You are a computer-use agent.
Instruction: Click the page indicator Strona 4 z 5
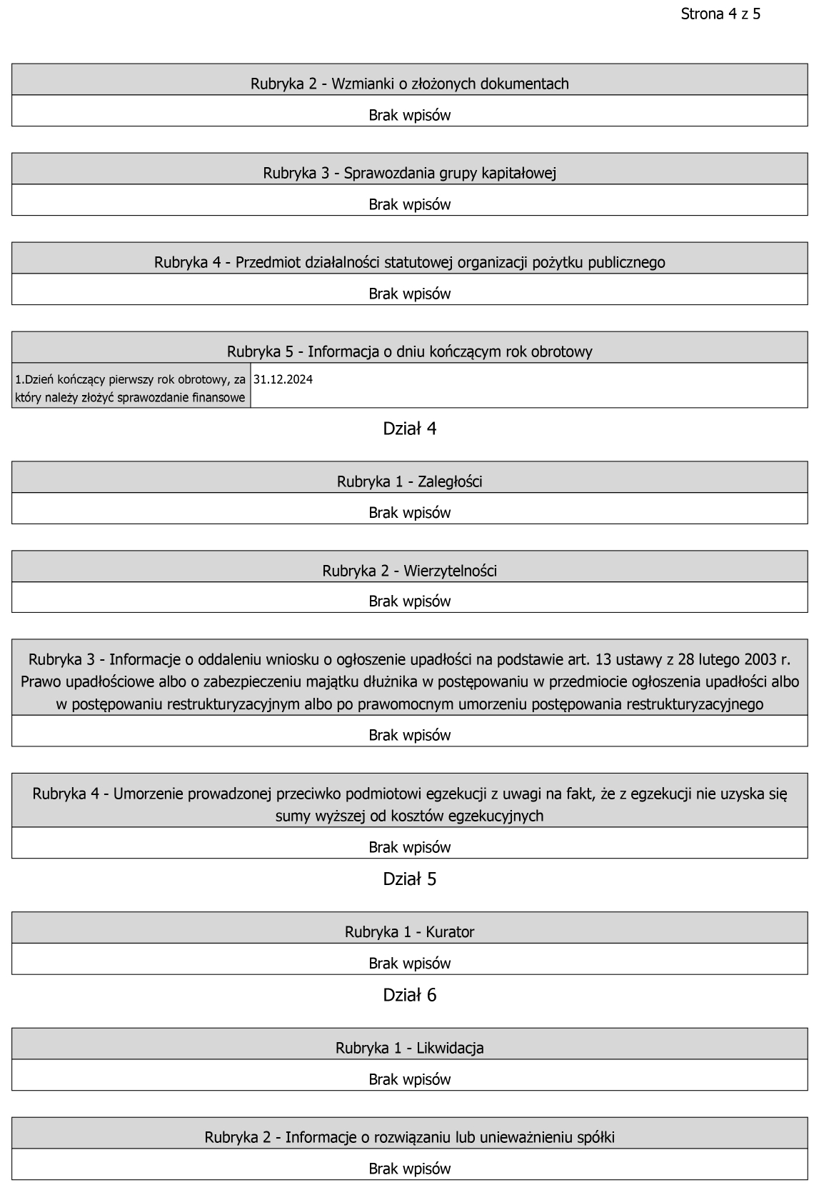[720, 14]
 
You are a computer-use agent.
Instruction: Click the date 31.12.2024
[283, 379]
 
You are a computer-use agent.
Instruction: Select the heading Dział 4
[410, 429]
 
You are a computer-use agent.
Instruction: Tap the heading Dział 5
[410, 879]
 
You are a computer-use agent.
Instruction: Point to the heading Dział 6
[410, 995]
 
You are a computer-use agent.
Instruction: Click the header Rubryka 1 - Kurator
[410, 931]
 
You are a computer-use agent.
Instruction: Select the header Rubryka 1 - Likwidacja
[410, 1048]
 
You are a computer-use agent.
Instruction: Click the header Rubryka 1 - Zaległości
[410, 481]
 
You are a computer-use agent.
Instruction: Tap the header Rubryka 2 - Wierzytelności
[410, 571]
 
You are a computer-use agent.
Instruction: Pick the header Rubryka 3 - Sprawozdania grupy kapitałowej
[410, 173]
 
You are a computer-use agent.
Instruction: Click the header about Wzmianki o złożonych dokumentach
[410, 84]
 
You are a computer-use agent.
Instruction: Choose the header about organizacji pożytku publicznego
[410, 262]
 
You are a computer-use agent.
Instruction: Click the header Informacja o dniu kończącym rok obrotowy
[410, 351]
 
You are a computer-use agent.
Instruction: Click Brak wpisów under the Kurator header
[410, 963]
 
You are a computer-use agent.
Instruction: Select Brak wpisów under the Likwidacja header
[410, 1079]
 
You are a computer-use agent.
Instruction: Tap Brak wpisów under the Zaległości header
[410, 513]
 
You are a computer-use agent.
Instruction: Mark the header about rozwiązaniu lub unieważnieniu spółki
[410, 1137]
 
